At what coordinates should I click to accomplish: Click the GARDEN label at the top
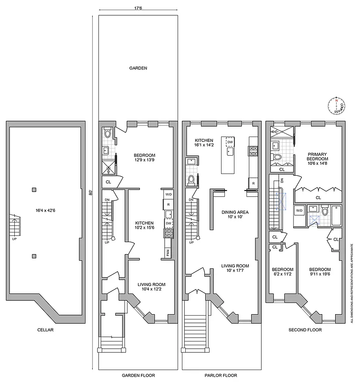coord(138,68)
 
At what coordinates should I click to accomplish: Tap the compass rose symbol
coord(337,106)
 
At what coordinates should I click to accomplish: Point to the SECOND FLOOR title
coord(306,330)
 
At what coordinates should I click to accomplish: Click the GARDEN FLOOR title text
coord(138,375)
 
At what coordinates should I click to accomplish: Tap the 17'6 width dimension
coord(138,8)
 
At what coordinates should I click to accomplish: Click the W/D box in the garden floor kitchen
coord(169,195)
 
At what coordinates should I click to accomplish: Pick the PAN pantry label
coord(168,253)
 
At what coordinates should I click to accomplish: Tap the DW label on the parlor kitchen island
coord(230,142)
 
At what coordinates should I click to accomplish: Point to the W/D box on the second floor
coord(299,210)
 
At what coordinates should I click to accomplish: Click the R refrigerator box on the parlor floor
coord(253,183)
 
